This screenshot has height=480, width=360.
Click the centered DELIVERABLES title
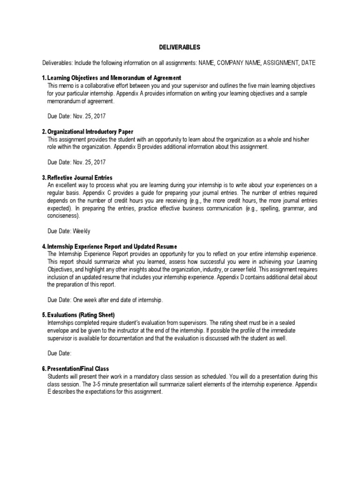coord(180,47)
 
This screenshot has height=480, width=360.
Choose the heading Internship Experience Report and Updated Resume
coord(112,247)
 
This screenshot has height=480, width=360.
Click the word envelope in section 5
coord(59,331)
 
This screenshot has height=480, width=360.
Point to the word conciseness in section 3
coord(63,216)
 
